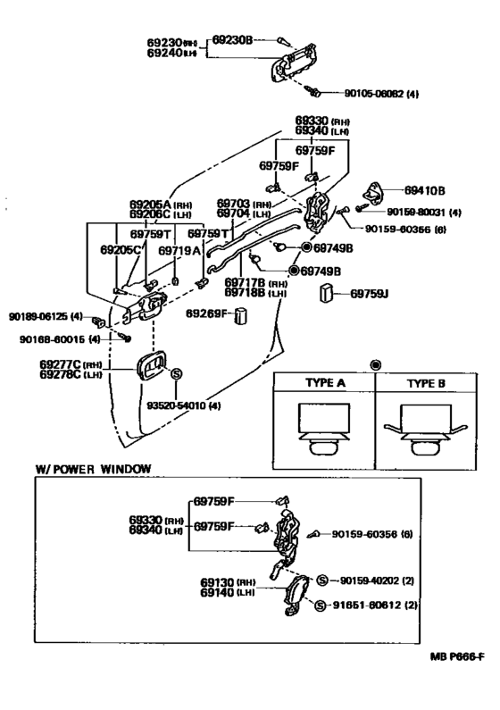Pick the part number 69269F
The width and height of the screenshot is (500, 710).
207,313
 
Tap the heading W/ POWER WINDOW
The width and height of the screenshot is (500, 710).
93,468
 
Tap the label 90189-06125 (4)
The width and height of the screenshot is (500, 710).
45,316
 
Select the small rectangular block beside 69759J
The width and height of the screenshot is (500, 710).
328,293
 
